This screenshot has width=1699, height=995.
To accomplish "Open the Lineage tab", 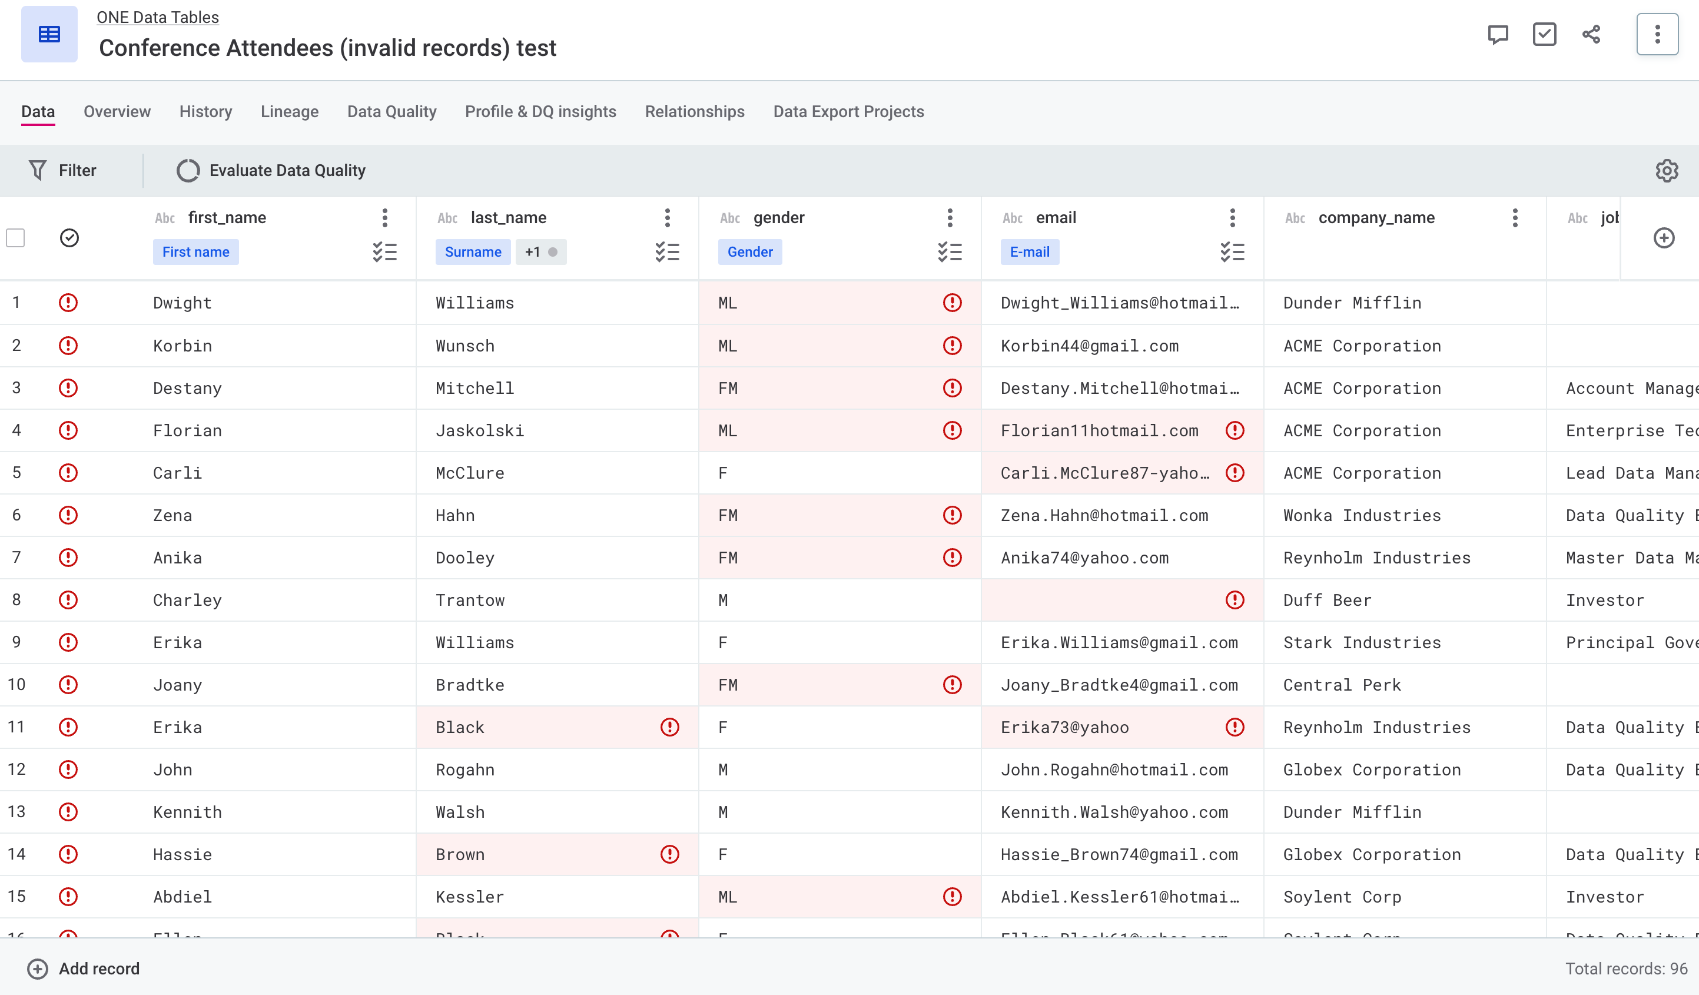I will point(289,112).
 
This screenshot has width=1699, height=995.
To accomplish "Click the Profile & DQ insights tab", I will point(540,112).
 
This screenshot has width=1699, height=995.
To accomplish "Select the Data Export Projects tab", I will point(848,112).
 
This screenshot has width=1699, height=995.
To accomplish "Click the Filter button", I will point(63,171).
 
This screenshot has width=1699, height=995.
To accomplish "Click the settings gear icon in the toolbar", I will point(1667,171).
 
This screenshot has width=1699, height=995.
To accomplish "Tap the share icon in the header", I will point(1591,34).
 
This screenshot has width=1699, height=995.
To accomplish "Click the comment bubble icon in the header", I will point(1498,34).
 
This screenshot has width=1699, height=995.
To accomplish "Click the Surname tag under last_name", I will point(473,252).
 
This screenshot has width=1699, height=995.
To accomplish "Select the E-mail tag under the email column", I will point(1030,252).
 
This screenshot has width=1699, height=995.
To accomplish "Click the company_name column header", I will point(1376,218).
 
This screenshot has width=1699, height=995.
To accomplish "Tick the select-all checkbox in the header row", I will point(15,238).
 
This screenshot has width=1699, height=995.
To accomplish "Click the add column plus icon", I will point(1664,238).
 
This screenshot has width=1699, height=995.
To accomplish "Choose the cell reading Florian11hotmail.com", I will point(1099,431).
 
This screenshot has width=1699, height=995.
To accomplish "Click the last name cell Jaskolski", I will point(479,431).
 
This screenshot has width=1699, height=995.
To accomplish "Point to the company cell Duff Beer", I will point(1327,600).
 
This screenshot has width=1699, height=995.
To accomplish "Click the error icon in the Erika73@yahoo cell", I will point(1235,727).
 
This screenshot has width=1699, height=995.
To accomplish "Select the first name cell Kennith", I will point(187,812).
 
